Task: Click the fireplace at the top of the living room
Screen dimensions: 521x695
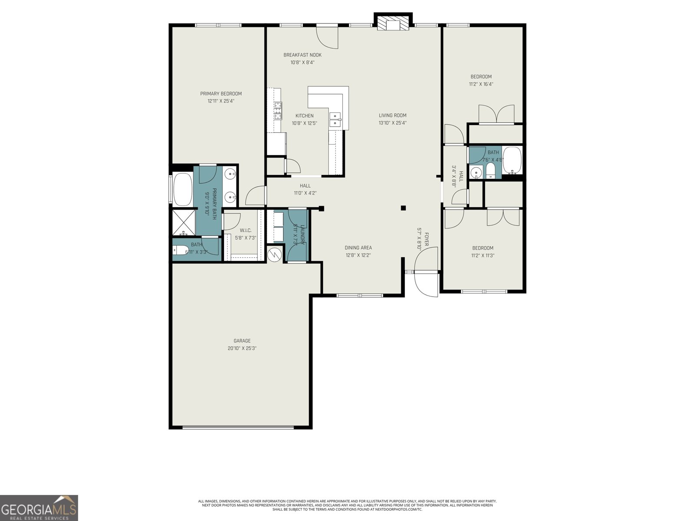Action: [x=393, y=24]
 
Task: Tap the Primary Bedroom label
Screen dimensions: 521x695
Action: [x=221, y=94]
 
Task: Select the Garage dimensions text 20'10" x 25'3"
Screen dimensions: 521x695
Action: [x=242, y=348]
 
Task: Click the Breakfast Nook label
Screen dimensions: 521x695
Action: [x=302, y=55]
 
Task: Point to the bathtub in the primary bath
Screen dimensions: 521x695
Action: [x=183, y=189]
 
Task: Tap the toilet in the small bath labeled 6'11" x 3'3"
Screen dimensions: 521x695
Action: [x=180, y=251]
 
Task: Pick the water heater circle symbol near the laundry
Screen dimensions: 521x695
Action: [x=274, y=254]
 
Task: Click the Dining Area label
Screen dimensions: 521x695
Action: [x=358, y=248]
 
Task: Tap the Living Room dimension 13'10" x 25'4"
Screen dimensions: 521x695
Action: [x=392, y=123]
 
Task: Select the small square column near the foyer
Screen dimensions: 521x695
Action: [x=403, y=208]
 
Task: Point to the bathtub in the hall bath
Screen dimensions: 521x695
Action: [x=512, y=161]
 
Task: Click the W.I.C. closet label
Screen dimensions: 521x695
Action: [x=245, y=231]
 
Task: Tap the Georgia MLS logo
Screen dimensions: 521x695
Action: [x=39, y=508]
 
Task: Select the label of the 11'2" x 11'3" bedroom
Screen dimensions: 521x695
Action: [x=483, y=248]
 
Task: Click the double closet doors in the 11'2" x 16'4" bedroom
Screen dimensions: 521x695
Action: [x=496, y=114]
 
